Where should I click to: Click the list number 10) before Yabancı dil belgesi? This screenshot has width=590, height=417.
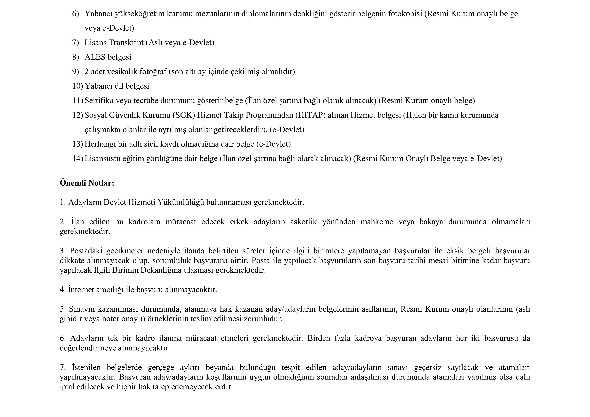point(78,86)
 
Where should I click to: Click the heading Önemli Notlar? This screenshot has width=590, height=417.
point(87,183)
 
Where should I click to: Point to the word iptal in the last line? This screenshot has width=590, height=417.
point(67,387)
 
